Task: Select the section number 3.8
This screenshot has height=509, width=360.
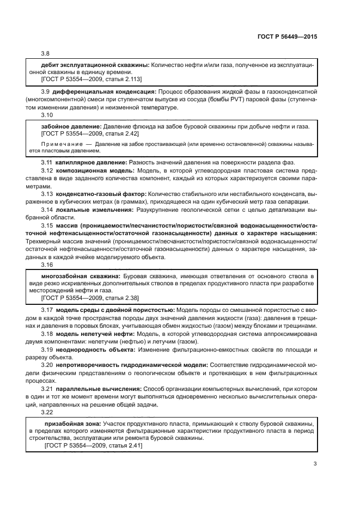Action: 45,53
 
